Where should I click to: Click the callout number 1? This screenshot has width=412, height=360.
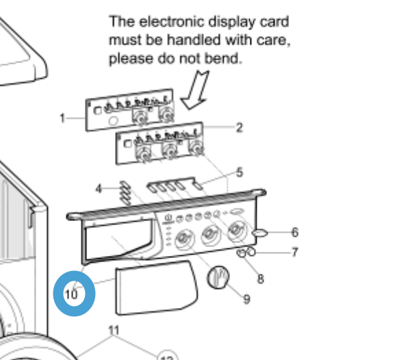[x=62, y=118]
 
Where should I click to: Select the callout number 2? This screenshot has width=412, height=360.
[x=240, y=127]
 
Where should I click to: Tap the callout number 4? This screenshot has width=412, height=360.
[x=99, y=188]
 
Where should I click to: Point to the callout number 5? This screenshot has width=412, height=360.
[x=240, y=172]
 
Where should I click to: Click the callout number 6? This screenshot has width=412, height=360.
[x=295, y=233]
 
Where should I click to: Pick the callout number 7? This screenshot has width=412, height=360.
[x=295, y=253]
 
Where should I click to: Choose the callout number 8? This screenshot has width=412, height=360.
[x=261, y=279]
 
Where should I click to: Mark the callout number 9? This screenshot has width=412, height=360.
[x=246, y=298]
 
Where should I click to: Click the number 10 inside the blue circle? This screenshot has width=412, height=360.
[x=71, y=295]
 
